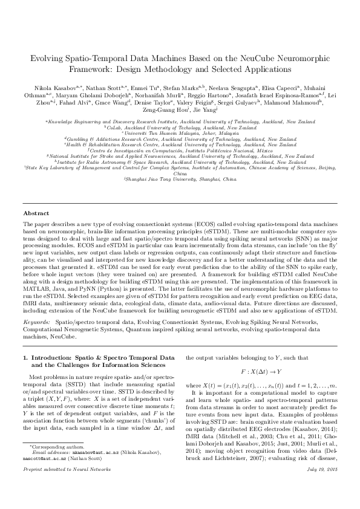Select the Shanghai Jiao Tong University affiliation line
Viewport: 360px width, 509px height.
tap(179, 180)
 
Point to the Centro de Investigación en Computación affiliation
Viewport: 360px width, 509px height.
tap(179, 150)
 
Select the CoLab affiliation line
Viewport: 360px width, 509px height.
tap(180, 128)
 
